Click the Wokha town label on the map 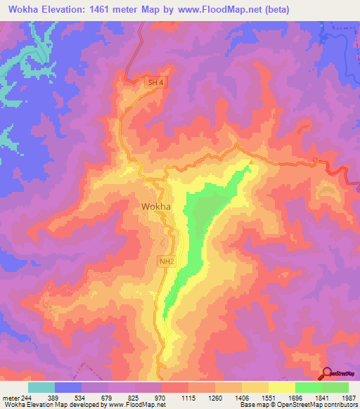[x=155, y=207]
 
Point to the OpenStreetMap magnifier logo [x=326, y=374]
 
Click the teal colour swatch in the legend [x=41, y=387]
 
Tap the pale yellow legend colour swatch [x=282, y=387]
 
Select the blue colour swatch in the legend [x=68, y=387]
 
